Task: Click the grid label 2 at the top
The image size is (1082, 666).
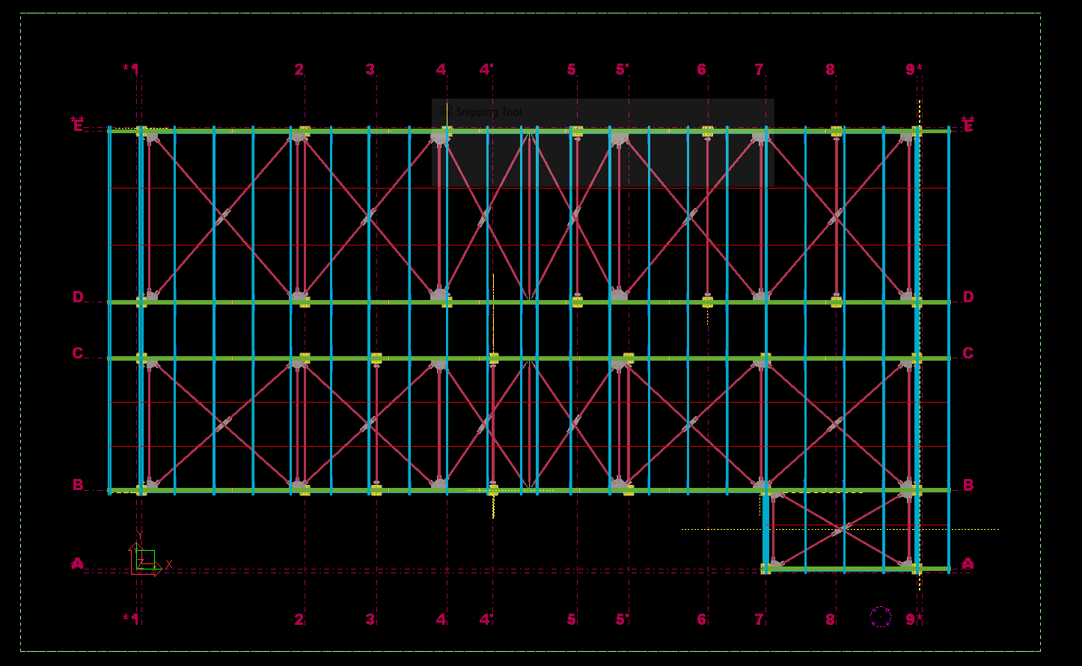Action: [299, 70]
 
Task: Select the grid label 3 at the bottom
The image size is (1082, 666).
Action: [370, 620]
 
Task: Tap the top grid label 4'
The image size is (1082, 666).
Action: [486, 70]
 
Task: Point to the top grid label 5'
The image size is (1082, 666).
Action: [622, 70]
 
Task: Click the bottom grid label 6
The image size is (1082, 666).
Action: [701, 620]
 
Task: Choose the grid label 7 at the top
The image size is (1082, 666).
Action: [759, 70]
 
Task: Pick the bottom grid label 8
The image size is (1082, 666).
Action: [830, 620]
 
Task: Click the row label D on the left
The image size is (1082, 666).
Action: [78, 297]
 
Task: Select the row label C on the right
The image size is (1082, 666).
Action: [968, 353]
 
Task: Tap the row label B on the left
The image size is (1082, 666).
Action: [78, 485]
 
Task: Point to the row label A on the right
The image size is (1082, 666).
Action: [968, 563]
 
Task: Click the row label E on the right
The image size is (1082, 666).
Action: [968, 126]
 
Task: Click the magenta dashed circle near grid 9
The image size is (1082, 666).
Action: [881, 617]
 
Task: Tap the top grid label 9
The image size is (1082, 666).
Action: [911, 70]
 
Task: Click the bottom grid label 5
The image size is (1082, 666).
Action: [572, 620]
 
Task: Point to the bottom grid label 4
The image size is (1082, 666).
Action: [441, 620]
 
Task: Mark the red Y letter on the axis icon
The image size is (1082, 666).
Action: [139, 534]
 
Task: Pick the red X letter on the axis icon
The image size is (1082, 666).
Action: [169, 564]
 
